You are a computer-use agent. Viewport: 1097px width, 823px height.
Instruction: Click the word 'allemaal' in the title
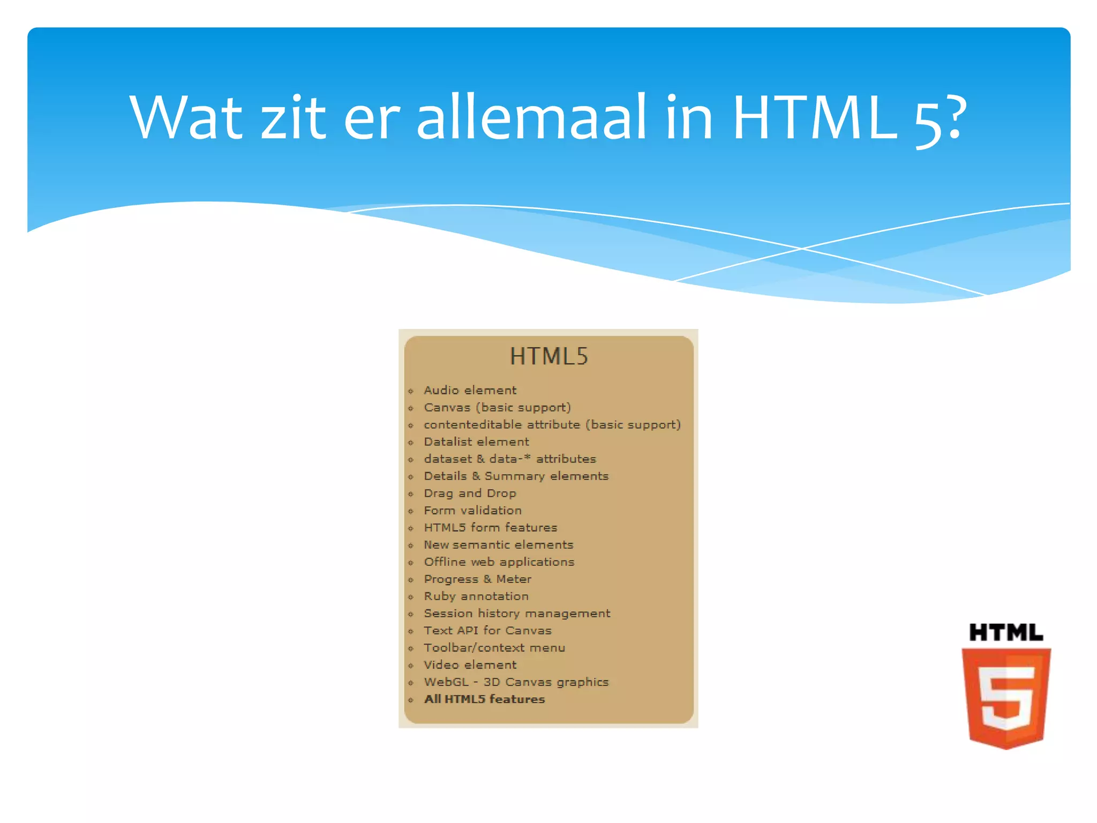coord(531,117)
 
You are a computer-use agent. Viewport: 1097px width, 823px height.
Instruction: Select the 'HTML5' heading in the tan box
coord(548,356)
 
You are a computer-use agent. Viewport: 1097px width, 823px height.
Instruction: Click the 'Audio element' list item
coord(470,391)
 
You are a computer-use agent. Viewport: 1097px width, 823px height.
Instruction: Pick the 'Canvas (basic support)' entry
coord(497,408)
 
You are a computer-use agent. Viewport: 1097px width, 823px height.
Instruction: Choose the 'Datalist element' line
coord(476,442)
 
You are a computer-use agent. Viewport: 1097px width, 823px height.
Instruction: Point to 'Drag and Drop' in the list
coord(470,493)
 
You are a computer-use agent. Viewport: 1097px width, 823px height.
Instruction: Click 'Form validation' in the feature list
coord(472,511)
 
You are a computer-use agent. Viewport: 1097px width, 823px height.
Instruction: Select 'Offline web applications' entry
coord(499,562)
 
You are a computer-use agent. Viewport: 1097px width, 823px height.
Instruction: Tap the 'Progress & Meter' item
coord(477,579)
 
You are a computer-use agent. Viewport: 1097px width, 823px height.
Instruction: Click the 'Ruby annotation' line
coord(476,596)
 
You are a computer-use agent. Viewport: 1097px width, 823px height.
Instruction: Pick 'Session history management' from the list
coord(517,613)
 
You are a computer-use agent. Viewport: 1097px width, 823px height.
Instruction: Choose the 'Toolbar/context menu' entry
coord(494,648)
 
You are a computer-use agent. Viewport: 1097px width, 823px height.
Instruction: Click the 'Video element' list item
coord(470,665)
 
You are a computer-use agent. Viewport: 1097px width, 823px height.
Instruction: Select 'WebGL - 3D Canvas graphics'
coord(516,682)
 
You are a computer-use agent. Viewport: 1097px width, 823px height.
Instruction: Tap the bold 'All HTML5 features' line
coord(484,699)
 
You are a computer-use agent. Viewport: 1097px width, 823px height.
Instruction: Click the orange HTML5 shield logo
coord(1006,697)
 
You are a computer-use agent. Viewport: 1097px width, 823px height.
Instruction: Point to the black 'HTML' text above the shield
coord(1006,633)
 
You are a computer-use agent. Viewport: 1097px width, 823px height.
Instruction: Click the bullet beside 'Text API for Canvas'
coord(411,631)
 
